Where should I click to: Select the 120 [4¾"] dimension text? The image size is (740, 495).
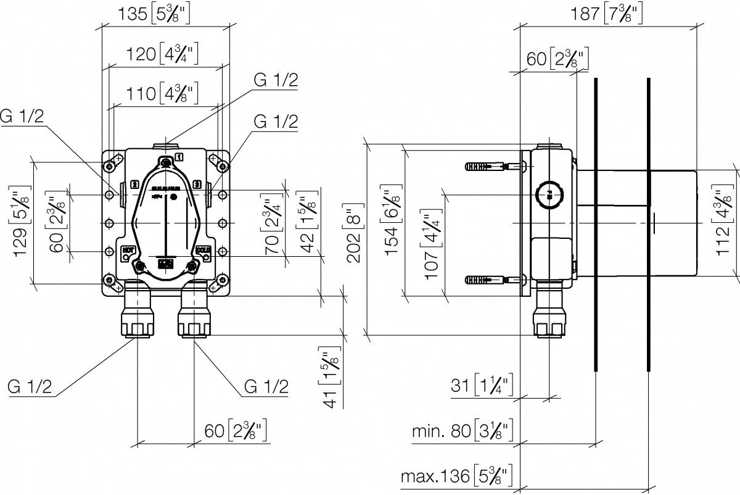coord(162,54)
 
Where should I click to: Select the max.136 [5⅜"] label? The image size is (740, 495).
coord(457,476)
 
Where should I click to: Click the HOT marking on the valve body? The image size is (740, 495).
coord(128,249)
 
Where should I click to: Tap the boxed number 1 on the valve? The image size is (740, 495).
coord(178,156)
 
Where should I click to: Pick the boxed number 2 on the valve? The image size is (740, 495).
coord(134,183)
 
